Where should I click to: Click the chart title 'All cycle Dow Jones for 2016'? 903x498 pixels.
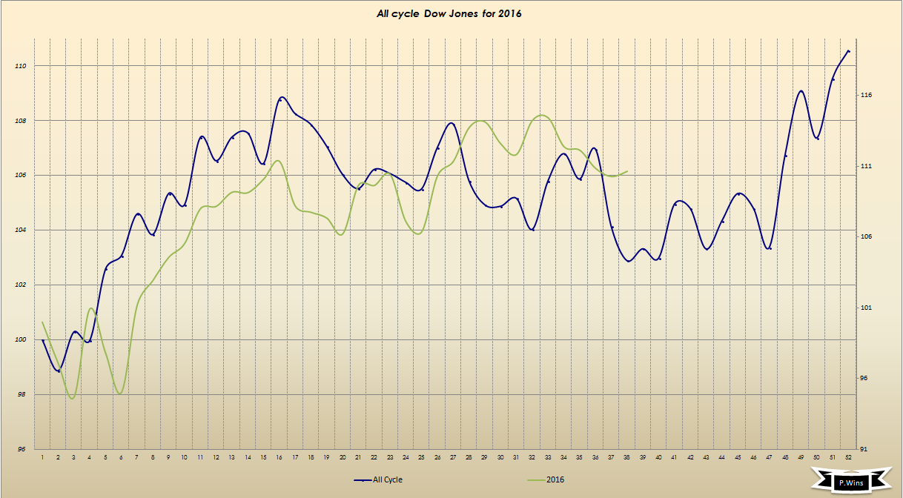(x=449, y=14)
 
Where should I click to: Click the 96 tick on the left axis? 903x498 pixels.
(x=21, y=449)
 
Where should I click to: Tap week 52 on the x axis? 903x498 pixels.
(x=848, y=457)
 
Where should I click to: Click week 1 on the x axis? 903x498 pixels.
(x=43, y=457)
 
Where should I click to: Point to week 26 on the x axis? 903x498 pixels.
(x=437, y=457)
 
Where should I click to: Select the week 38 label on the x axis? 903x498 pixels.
(x=627, y=457)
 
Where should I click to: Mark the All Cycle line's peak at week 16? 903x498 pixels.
(x=280, y=97)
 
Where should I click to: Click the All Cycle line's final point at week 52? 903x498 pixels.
(x=848, y=50)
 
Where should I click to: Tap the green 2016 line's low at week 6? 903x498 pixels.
(x=120, y=394)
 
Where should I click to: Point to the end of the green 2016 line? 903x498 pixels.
(x=628, y=171)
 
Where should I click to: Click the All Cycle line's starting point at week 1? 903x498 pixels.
(x=43, y=340)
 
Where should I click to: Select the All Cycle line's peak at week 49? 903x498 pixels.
(x=801, y=90)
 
